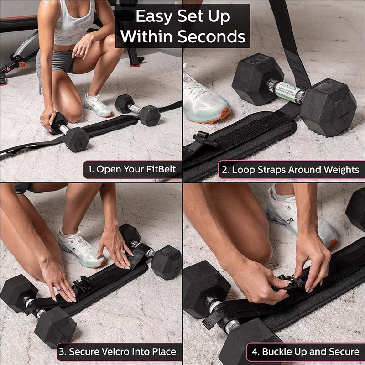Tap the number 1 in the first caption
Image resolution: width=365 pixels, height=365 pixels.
point(90,170)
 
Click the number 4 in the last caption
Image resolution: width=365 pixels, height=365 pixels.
point(255,352)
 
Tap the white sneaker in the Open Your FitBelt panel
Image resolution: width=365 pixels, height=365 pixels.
point(98,105)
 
